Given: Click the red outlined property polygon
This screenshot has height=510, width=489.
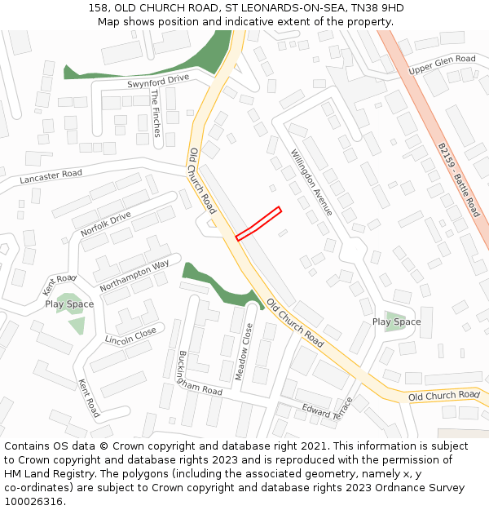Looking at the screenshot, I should pos(258,224).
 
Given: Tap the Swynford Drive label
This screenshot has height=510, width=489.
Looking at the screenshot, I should pos(158,81).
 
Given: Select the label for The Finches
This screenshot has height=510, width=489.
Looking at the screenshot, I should pos(155,113).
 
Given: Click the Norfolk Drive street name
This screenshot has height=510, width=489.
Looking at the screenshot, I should pos(106,224).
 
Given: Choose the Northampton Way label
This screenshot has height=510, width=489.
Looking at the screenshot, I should pos(134,276).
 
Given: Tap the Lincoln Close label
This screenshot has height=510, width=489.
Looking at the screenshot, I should pos(130,335).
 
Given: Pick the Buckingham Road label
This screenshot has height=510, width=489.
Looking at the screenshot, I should pos(200,374).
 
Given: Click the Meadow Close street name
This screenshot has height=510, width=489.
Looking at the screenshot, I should pos(244,351).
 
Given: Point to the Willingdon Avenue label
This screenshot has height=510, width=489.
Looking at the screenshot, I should pos(311,181).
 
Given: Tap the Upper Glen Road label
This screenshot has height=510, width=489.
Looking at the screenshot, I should pos(442,64).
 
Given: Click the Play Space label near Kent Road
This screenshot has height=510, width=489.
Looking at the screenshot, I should pos(69,304).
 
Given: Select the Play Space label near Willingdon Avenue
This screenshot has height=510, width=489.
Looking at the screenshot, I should pos(397,322).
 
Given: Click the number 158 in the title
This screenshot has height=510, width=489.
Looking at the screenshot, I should pos(98,8).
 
